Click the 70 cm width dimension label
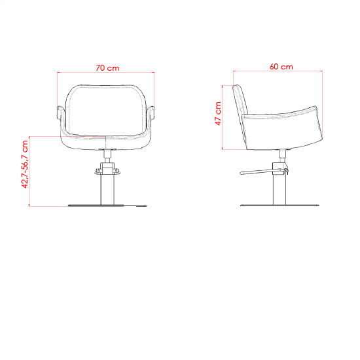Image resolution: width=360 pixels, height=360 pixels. point(107,68)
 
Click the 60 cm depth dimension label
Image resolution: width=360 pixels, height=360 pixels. point(281,67)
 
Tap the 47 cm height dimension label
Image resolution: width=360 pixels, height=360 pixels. point(218,113)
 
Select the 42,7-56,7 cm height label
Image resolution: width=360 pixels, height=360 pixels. point(25,164)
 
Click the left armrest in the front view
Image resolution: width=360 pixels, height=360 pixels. point(60,113)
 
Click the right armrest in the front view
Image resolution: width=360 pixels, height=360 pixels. point(152,113)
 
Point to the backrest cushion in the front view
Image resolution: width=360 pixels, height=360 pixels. point(105,110)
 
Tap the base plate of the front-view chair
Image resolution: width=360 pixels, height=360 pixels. point(107,206)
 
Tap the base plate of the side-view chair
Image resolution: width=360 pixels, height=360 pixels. point(279,205)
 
